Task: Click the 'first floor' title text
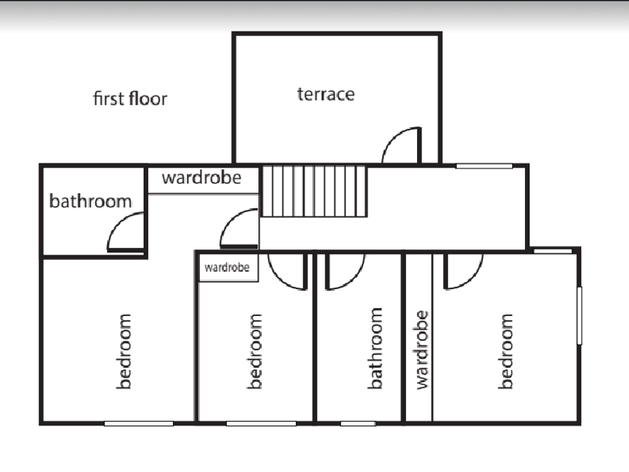[130, 98]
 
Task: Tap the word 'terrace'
[326, 94]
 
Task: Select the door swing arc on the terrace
[401, 145]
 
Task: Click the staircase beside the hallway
[314, 191]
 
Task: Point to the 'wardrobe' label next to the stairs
[201, 178]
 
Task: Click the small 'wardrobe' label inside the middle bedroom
[228, 267]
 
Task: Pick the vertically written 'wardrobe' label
[422, 349]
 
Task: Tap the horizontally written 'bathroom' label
[91, 201]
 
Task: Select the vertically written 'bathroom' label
[375, 348]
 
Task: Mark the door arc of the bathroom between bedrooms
[344, 272]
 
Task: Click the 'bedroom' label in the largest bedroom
[124, 351]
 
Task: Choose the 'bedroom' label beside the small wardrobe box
[255, 351]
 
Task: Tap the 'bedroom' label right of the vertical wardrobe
[507, 351]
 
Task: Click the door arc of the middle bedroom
[287, 272]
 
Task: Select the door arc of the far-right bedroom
[463, 272]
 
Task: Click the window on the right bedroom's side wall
[580, 315]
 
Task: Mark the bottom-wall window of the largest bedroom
[139, 423]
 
